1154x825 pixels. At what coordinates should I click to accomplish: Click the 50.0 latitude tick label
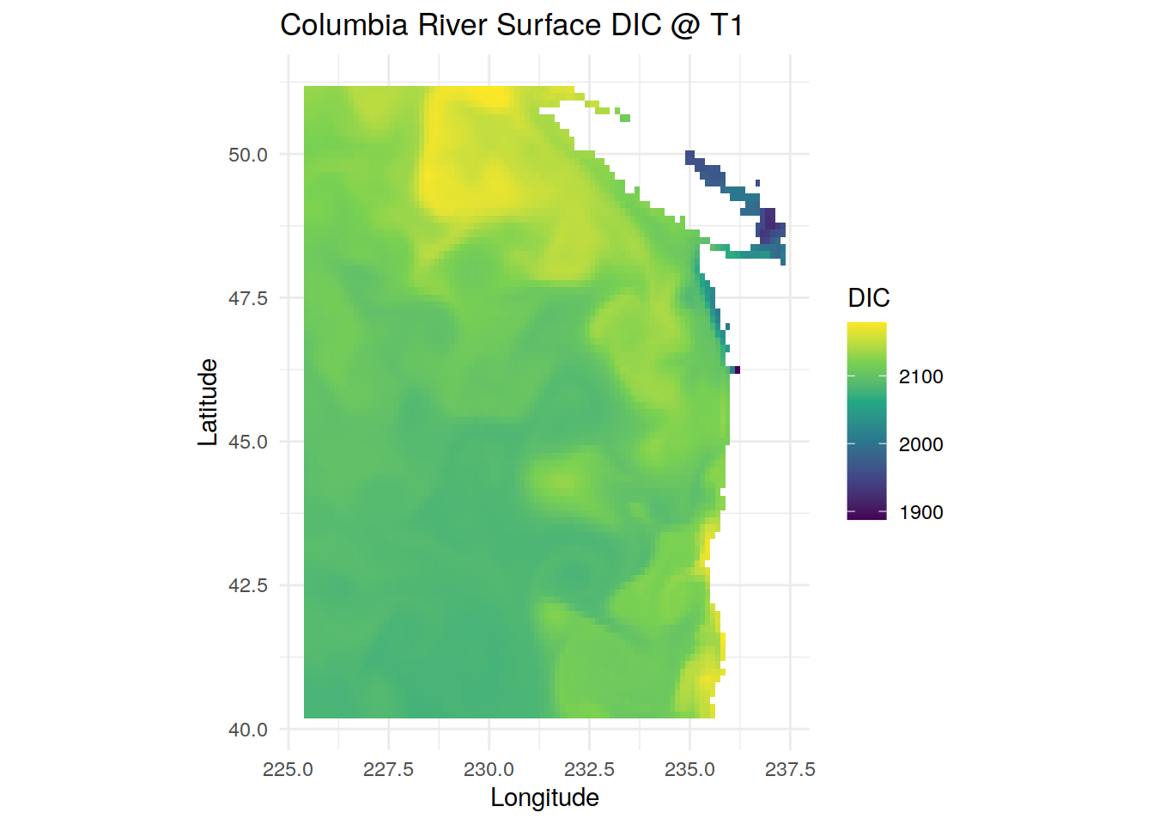(248, 155)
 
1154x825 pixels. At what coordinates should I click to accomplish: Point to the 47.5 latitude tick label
(248, 298)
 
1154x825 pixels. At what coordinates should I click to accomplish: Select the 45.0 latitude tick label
(248, 442)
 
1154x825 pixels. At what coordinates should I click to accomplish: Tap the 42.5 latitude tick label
(248, 586)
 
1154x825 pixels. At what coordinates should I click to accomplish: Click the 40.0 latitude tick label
(248, 730)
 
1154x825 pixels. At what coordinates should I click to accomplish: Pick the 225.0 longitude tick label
(288, 769)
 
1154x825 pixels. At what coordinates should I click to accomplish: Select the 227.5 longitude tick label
(388, 769)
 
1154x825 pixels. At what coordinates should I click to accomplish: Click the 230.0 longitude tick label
(489, 769)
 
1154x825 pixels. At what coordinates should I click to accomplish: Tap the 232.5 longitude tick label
(589, 769)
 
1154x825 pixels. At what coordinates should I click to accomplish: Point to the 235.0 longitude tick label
(689, 769)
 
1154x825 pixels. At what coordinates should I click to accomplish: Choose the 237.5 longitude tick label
(790, 769)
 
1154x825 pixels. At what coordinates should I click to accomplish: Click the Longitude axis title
(545, 798)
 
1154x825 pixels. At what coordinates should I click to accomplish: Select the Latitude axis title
(208, 402)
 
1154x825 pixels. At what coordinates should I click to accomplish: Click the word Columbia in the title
(344, 25)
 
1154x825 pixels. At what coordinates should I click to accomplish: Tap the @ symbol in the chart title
(686, 26)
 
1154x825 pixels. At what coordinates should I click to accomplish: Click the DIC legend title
(869, 298)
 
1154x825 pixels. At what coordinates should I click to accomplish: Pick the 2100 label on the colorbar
(921, 377)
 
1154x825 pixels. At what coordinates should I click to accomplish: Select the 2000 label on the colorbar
(921, 444)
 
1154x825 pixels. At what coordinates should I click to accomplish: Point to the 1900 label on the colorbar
(921, 512)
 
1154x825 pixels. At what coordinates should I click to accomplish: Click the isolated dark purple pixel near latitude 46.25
(738, 370)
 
